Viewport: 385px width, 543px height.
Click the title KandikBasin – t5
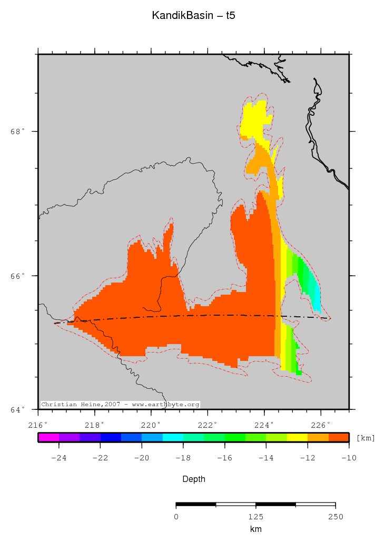(x=193, y=16)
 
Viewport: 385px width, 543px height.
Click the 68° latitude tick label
(x=18, y=132)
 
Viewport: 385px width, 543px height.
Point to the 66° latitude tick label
(x=18, y=276)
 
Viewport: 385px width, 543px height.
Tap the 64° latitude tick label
(x=18, y=409)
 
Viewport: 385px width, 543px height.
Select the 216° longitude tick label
(x=38, y=424)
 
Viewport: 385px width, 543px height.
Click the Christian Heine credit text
(x=120, y=404)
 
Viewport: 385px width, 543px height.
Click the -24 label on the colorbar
(x=58, y=458)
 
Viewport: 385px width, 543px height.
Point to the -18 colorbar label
(x=183, y=458)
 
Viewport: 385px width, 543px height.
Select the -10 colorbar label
(x=349, y=458)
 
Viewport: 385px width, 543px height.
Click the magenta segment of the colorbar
(x=48, y=437)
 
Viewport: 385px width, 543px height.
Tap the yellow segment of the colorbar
(x=297, y=437)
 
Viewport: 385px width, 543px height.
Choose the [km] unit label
(x=366, y=438)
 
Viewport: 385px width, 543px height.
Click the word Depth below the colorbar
(x=193, y=479)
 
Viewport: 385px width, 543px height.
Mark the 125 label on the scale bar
(x=256, y=516)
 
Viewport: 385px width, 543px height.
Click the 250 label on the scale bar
(x=335, y=516)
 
